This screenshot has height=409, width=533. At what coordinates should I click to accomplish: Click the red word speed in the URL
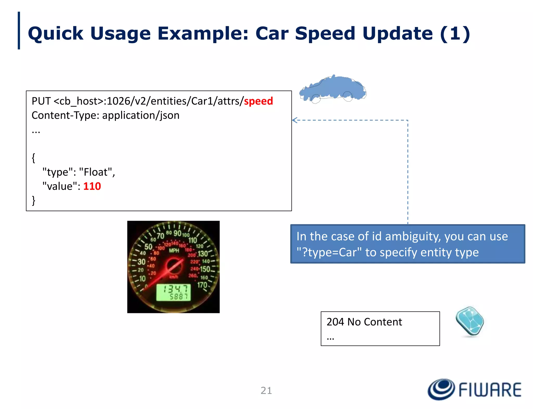point(258,101)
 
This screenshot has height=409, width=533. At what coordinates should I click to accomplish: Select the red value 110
point(92,186)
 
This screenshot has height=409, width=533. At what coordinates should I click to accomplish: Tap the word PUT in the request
point(41,101)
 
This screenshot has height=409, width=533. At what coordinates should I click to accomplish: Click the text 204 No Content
point(364,322)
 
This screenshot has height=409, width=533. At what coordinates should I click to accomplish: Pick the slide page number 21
point(266,391)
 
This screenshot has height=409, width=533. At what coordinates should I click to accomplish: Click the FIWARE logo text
point(490,390)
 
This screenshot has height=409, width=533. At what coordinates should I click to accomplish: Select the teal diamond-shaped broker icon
point(470,321)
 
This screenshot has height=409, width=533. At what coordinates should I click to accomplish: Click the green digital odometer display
point(173,293)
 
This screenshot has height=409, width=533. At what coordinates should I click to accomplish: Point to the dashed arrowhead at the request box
point(294,120)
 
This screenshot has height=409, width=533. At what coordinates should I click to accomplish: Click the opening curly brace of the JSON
point(34,158)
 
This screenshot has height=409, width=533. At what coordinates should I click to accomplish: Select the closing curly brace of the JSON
point(34,200)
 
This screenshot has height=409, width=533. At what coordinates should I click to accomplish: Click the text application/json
point(141,115)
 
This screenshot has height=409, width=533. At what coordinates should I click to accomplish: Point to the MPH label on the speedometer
point(174,251)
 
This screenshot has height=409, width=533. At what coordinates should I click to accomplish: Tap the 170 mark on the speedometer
point(202,285)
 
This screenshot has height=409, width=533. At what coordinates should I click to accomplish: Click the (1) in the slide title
point(455,34)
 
